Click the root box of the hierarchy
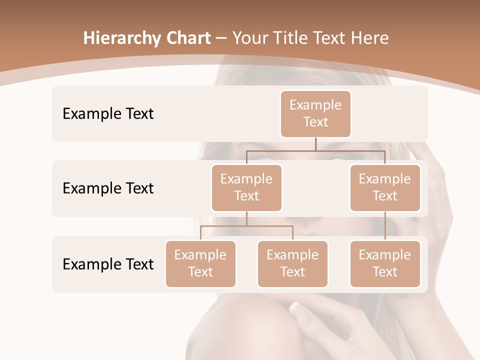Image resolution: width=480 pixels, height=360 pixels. click(315, 114)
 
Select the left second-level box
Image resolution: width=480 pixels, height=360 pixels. click(246, 188)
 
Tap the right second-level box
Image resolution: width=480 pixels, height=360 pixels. click(385, 188)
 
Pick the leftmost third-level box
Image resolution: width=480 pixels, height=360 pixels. click(200, 264)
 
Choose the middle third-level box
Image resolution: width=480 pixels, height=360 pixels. click(292, 264)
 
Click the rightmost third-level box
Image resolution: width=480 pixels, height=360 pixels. click(385, 264)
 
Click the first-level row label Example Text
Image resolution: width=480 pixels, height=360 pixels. click(108, 114)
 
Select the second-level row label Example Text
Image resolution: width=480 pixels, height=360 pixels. click(108, 188)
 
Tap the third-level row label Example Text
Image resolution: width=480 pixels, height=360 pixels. click(108, 264)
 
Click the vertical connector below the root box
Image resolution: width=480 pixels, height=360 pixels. click(315, 144)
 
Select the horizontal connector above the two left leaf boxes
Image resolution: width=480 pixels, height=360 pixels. click(246, 226)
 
